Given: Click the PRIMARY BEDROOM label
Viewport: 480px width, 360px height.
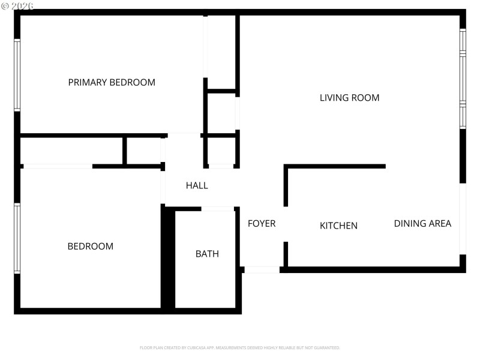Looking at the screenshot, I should point(112,83).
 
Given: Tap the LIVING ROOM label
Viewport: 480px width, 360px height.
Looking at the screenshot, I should point(349,98).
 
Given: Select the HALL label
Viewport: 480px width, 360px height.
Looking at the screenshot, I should point(197,186).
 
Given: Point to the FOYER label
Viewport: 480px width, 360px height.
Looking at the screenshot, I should point(262,224).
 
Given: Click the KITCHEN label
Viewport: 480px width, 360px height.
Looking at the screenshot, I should point(338,226).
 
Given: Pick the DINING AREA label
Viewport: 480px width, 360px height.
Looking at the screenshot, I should point(422,224).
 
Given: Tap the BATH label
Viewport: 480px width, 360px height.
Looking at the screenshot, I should point(207,254).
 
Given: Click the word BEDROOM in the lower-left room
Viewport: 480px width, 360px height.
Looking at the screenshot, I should point(90,246).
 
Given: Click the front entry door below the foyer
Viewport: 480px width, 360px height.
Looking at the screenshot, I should point(262,270).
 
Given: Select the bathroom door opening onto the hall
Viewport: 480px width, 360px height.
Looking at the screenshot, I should point(217,209).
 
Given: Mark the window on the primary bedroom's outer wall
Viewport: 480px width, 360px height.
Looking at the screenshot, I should point(17,75).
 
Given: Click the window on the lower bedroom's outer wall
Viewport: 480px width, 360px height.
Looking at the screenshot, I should point(17,238).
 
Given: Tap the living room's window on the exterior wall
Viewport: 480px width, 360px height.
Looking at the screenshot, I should point(463,78).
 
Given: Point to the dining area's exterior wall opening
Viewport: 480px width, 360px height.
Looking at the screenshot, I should point(463,219).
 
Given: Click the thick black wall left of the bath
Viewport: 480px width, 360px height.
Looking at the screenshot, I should point(168,258).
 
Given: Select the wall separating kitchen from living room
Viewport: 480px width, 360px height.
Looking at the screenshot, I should point(335,166).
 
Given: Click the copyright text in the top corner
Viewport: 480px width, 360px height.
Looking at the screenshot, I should point(17,5).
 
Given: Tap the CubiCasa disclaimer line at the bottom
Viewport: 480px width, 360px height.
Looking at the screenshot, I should point(240,348).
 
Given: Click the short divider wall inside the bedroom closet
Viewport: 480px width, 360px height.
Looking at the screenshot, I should point(125,150).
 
